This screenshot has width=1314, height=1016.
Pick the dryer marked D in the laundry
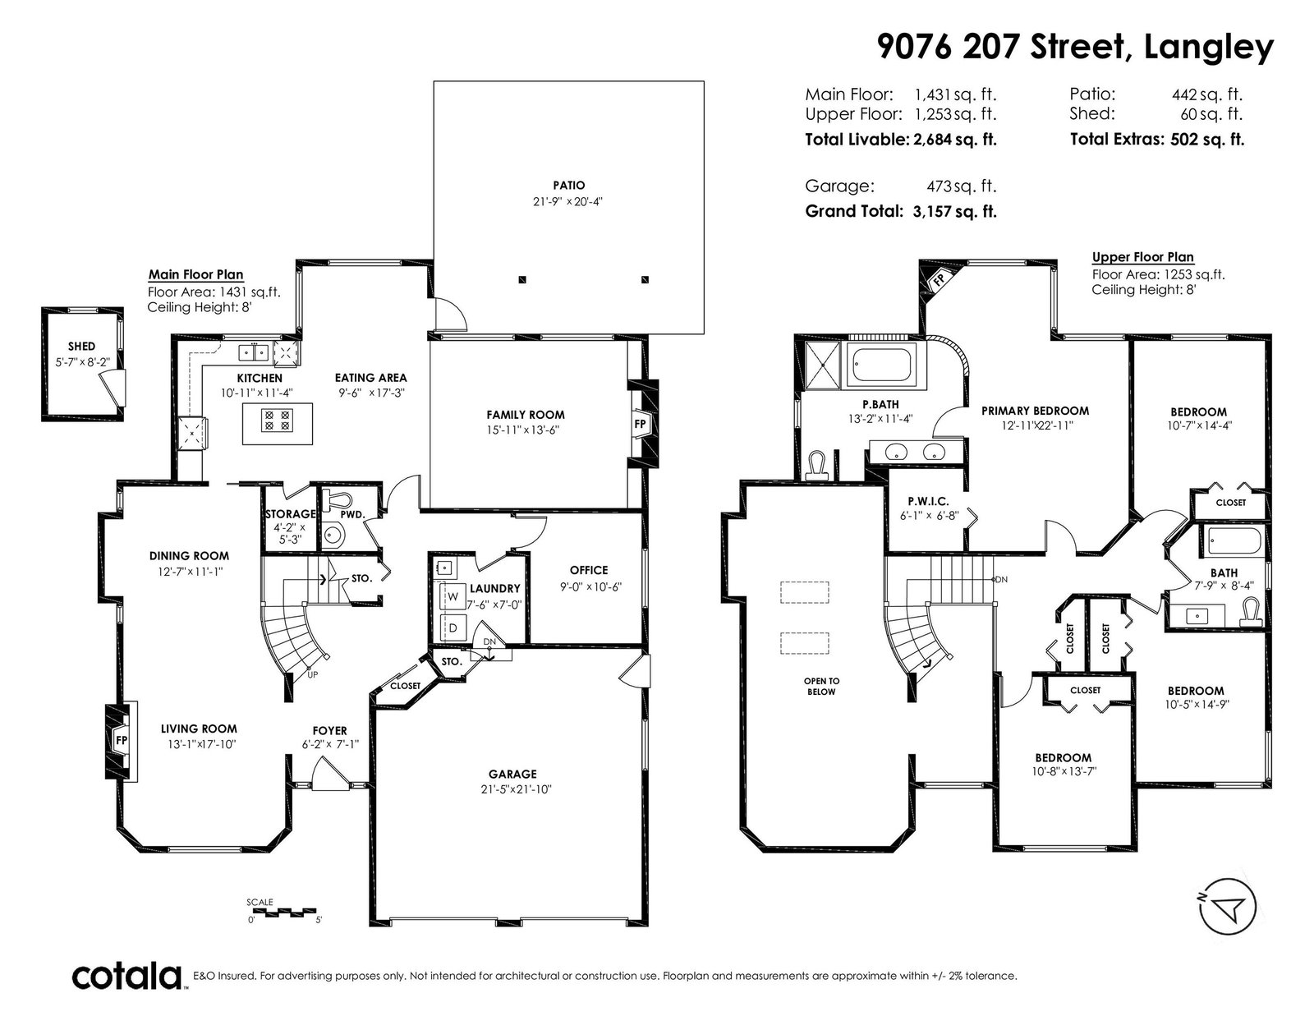[453, 628]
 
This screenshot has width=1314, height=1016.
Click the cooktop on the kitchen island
[278, 421]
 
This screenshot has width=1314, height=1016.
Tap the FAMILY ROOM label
[526, 415]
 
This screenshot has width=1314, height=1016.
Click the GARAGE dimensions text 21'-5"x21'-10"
[512, 789]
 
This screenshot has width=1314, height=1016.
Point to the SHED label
[81, 347]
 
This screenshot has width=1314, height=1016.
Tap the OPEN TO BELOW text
[821, 687]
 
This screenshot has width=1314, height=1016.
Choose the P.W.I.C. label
[928, 501]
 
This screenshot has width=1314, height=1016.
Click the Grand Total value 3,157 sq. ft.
[955, 212]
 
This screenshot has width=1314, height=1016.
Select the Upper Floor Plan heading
[1142, 257]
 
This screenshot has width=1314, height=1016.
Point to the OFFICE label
[589, 570]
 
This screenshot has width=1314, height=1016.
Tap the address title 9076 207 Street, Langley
[1075, 47]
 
